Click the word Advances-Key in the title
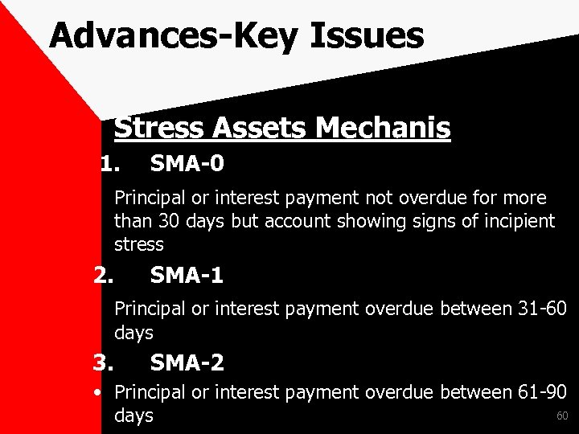point(165,36)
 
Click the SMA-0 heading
point(187,165)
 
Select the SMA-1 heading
point(187,276)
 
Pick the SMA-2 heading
point(187,363)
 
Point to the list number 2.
point(103,276)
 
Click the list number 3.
point(103,363)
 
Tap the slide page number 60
point(562,416)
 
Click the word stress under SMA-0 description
point(138,244)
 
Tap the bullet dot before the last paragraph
point(96,393)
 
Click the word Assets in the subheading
point(261,127)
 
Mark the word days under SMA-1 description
point(133,332)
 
